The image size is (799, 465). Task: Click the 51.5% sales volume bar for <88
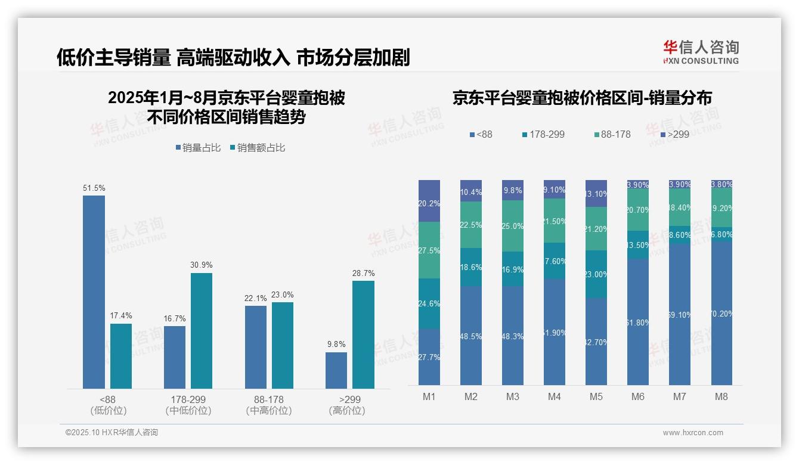point(94,292)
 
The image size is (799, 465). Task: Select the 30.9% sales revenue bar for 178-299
point(202,331)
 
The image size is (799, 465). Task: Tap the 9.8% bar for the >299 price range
point(336,370)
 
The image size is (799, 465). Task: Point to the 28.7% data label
point(364,273)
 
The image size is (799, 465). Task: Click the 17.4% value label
point(121,316)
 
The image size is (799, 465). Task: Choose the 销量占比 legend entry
point(200,148)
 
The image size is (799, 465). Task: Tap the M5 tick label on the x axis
point(596,396)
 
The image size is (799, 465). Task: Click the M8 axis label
point(721,396)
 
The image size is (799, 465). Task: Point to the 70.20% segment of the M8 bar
point(721,314)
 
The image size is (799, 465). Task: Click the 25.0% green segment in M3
point(513,226)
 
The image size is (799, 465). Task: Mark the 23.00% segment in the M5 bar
point(596,274)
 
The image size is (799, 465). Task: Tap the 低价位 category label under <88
point(109,411)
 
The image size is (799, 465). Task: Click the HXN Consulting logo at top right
point(701,52)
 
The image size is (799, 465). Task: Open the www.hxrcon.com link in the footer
point(693,433)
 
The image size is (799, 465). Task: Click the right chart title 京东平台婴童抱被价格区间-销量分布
point(582,98)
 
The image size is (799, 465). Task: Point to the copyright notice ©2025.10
point(112,433)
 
